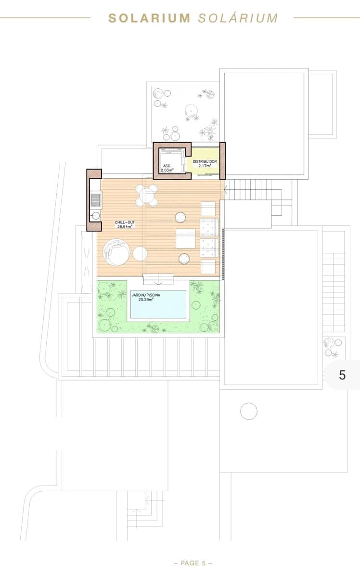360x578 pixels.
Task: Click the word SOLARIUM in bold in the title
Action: point(149,18)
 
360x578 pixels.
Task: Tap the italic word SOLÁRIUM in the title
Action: point(238,18)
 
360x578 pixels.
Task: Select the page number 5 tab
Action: point(342,375)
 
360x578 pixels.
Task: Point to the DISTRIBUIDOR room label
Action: point(205,161)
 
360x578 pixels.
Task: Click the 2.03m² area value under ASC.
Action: point(167,170)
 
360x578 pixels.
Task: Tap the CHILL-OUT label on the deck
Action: point(124,223)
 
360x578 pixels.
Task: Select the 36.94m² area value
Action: point(125,227)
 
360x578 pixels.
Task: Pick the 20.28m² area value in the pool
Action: point(145,300)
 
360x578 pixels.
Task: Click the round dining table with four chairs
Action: point(146,195)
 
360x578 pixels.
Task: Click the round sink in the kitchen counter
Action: point(95,215)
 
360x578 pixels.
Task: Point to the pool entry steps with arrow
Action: point(158,278)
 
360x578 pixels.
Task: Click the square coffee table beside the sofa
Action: point(185,238)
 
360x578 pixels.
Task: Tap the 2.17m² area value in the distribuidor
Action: point(205,166)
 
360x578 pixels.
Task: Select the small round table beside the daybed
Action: point(140,253)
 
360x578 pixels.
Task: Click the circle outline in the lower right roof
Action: point(248,411)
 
